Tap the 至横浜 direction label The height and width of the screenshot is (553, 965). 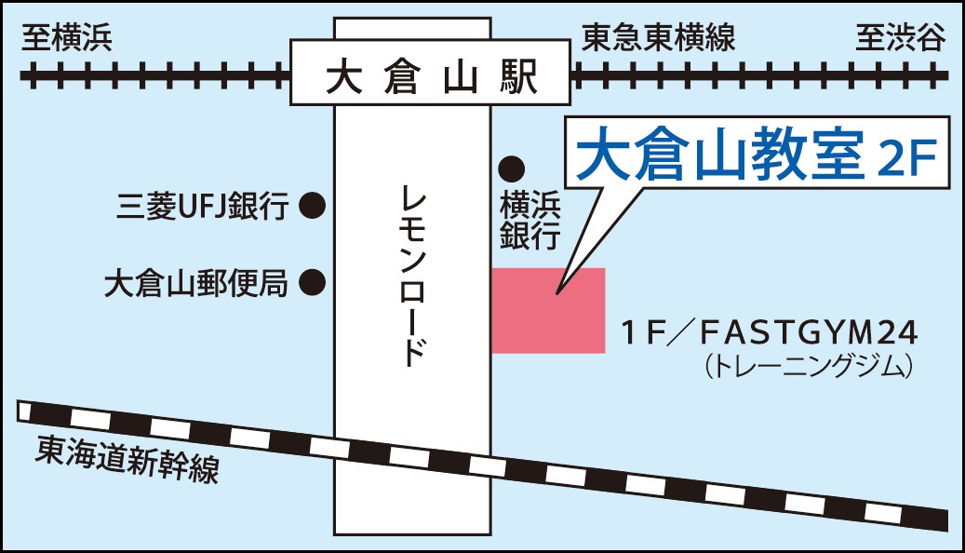click(x=66, y=38)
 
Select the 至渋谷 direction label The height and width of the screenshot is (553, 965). click(x=900, y=38)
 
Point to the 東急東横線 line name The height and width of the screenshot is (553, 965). click(x=659, y=38)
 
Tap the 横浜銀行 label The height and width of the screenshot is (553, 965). click(x=528, y=220)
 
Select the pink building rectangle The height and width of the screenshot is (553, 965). click(x=548, y=311)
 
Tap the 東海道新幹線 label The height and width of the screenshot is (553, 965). click(x=128, y=459)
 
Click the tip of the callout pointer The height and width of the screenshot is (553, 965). click(x=557, y=294)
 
